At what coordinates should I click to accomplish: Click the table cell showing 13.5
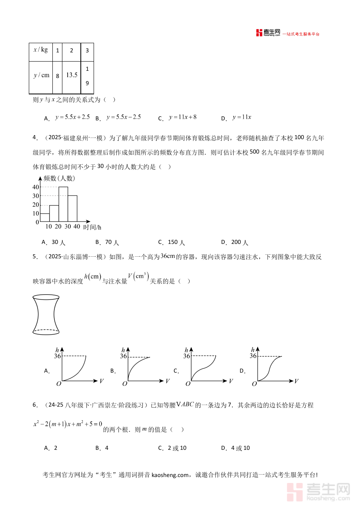(72, 75)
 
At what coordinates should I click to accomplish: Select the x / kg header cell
(41, 50)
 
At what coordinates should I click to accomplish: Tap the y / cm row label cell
(41, 75)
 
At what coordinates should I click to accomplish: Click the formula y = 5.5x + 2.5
(72, 117)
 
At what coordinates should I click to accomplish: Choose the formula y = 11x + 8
(183, 117)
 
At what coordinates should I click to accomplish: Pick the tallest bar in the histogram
(63, 204)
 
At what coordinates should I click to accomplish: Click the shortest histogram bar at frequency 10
(45, 217)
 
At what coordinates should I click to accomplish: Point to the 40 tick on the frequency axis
(36, 187)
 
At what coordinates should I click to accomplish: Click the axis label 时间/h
(92, 227)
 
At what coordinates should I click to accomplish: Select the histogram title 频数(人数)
(59, 178)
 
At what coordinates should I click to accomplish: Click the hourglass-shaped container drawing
(46, 314)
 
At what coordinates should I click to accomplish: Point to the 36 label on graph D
(253, 355)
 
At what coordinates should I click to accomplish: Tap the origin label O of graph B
(124, 383)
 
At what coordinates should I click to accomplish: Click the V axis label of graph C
(231, 381)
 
